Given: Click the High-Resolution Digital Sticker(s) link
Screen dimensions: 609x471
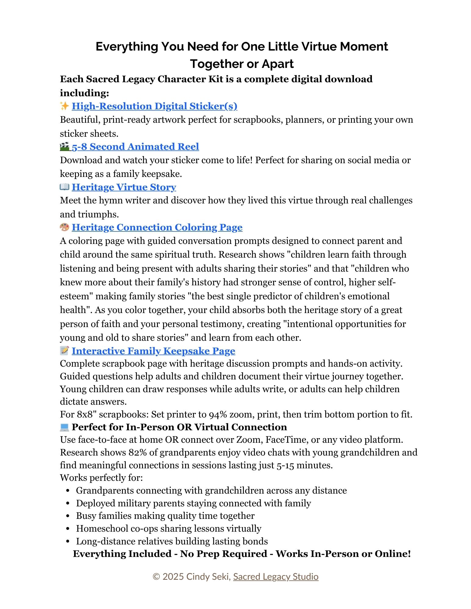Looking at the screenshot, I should coord(154,106).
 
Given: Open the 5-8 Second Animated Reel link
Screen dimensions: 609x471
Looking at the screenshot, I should coord(135,146).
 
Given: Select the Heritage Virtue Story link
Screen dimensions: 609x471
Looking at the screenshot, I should coord(124,187).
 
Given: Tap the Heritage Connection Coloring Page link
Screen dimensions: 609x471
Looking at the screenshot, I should coord(157,227).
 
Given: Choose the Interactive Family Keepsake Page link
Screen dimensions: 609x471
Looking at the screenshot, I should coord(153,351).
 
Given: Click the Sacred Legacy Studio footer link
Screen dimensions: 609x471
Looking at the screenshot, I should coord(276,576).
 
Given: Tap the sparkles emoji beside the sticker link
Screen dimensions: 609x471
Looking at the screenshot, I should coord(64,106).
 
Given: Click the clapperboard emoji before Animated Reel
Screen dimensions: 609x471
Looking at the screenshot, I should coord(64,146).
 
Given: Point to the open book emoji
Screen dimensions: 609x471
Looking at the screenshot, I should coord(64,187).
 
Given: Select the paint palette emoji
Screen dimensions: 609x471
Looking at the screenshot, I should coord(64,227).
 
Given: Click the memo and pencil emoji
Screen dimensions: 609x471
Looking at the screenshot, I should coord(64,351).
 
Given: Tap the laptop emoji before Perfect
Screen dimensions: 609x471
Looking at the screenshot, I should coord(64,427).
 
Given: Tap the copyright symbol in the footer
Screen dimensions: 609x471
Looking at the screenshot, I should coord(156,576).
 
